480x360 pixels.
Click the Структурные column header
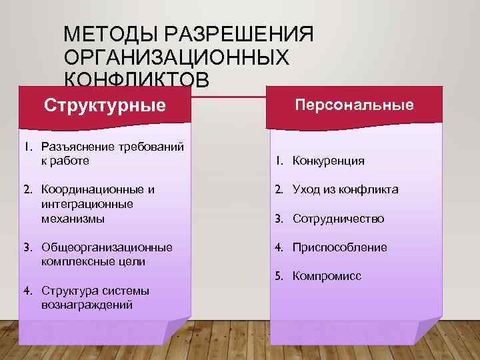click(x=105, y=105)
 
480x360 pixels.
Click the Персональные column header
click(x=355, y=105)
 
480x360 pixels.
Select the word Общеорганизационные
click(x=107, y=247)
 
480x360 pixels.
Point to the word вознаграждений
click(x=87, y=305)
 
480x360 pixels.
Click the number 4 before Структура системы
click(x=27, y=291)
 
